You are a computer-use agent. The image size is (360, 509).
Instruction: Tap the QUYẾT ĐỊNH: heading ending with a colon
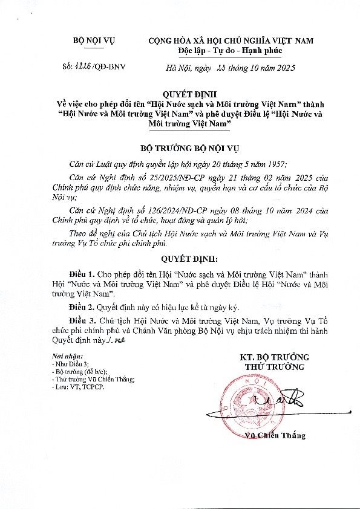click(181, 259)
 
